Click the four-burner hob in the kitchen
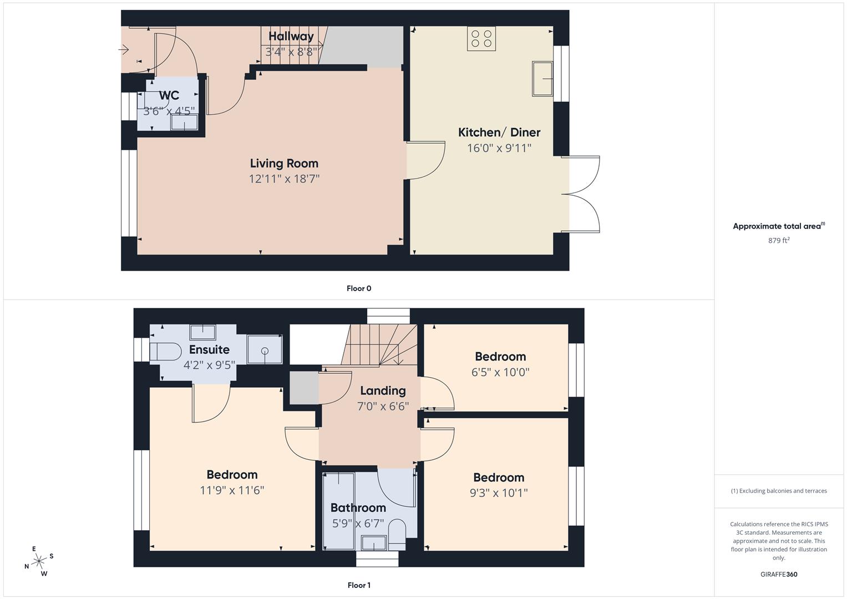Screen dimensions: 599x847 pyautogui.click(x=481, y=39)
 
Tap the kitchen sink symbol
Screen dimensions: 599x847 pyautogui.click(x=543, y=79)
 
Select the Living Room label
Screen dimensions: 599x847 pyautogui.click(x=284, y=163)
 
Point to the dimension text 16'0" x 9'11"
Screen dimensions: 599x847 pyautogui.click(x=499, y=148)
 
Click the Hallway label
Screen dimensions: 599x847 pyautogui.click(x=291, y=36)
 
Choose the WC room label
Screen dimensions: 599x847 pyautogui.click(x=169, y=95)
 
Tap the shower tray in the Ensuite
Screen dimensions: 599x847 pyautogui.click(x=265, y=349)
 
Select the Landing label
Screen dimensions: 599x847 pyautogui.click(x=383, y=390)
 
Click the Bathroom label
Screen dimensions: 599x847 pyautogui.click(x=358, y=507)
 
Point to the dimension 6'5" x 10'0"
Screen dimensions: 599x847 pyautogui.click(x=500, y=372)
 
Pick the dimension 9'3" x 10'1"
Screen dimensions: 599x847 pyautogui.click(x=499, y=493)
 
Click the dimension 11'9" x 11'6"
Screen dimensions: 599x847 pyautogui.click(x=232, y=490)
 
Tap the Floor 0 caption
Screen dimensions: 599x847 pyautogui.click(x=359, y=288)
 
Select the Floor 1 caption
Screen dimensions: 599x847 pyautogui.click(x=359, y=585)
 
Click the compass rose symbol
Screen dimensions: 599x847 pyautogui.click(x=39, y=561)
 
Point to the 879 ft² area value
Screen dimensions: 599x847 pyautogui.click(x=779, y=240)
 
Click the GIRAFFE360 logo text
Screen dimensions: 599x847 pyautogui.click(x=779, y=574)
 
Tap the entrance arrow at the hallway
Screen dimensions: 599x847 pyautogui.click(x=124, y=50)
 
